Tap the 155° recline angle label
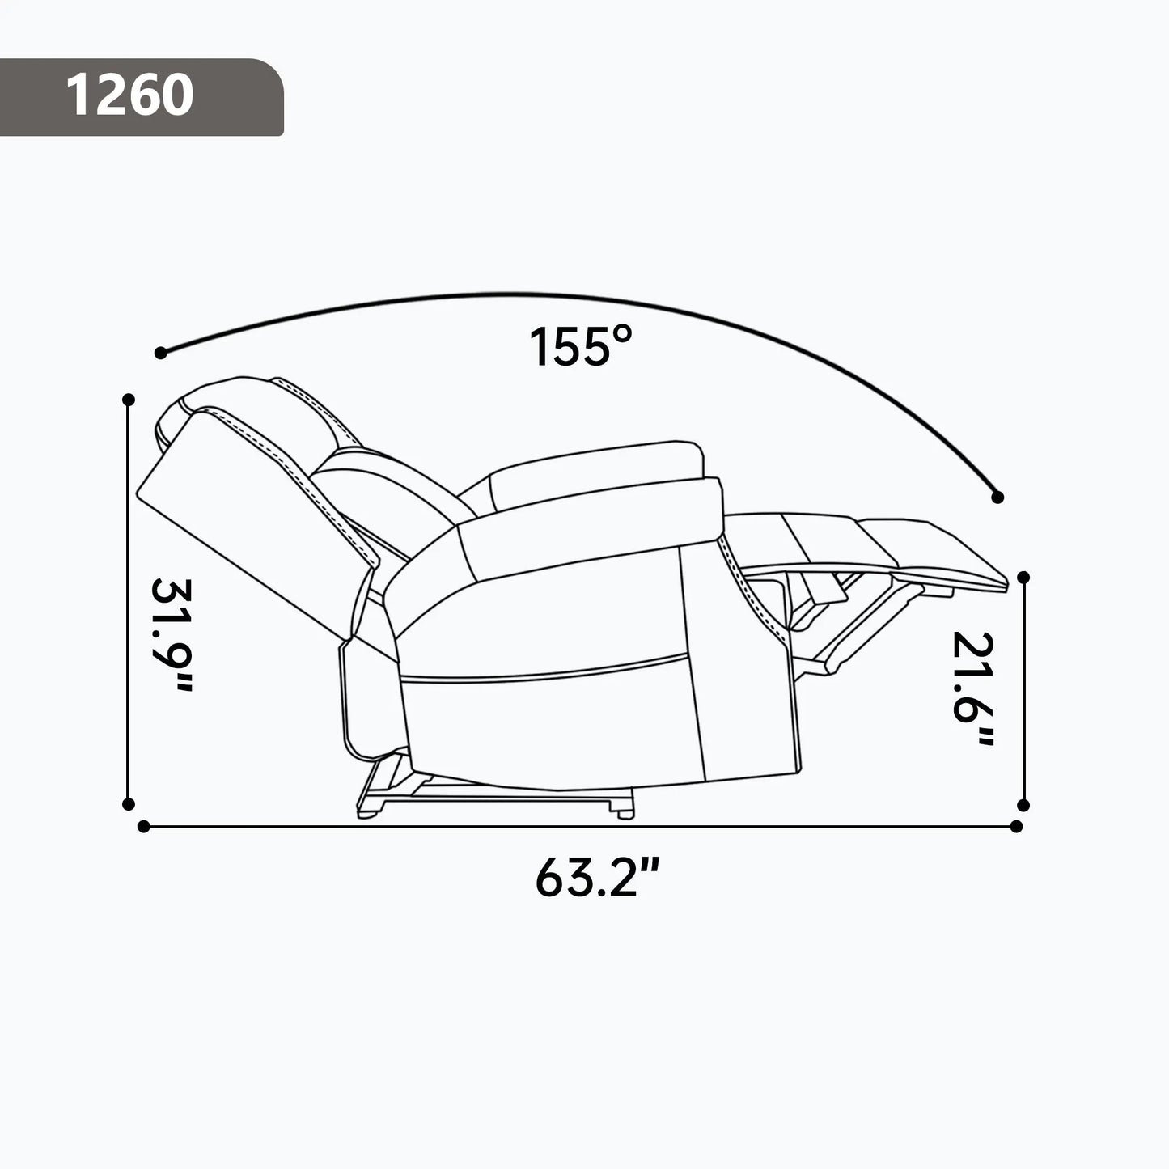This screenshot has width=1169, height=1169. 579,347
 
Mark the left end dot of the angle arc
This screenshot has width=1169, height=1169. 160,353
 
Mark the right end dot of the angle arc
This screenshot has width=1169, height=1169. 997,497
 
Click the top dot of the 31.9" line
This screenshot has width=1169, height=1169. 128,400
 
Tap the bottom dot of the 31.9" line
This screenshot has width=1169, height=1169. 128,803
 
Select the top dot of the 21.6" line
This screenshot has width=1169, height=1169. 1023,577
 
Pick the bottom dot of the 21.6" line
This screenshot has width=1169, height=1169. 1023,805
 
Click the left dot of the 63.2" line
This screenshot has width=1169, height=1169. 144,827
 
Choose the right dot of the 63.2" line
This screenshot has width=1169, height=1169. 1017,827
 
